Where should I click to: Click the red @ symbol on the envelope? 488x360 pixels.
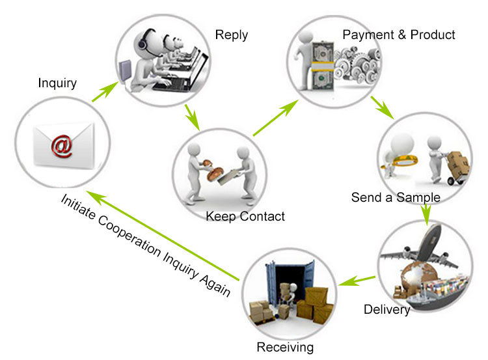pos(62,146)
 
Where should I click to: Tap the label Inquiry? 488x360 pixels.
pos(57,83)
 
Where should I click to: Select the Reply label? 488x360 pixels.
pos(231,35)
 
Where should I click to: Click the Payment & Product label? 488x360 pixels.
pos(399,34)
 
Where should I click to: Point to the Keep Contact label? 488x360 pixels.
pos(245,216)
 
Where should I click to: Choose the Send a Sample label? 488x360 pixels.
pos(396,197)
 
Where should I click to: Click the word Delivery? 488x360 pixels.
pos(386,309)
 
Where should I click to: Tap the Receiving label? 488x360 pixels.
pos(285,347)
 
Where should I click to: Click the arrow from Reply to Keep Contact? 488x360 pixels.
pos(191,116)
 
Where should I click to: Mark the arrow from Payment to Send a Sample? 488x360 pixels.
pos(383,107)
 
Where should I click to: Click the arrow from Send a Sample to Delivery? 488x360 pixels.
pos(426,214)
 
